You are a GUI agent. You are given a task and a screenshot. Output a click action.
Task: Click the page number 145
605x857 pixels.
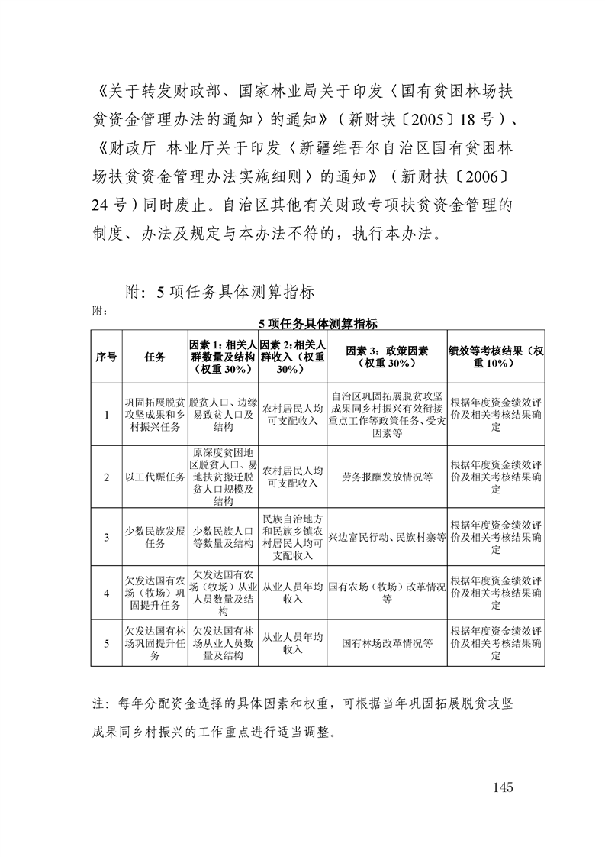pyautogui.click(x=504, y=787)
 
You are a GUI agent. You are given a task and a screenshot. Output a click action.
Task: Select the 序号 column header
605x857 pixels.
pyautogui.click(x=106, y=357)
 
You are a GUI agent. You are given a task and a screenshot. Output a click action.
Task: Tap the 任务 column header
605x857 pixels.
pyautogui.click(x=155, y=357)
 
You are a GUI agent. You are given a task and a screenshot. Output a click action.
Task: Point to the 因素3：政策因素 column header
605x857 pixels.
pyautogui.click(x=387, y=357)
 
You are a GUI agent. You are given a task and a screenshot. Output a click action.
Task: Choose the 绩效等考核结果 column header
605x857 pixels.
pyautogui.click(x=497, y=357)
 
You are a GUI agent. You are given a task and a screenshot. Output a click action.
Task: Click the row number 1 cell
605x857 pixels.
pyautogui.click(x=106, y=415)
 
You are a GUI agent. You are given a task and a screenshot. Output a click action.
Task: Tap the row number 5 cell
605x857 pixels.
pyautogui.click(x=106, y=643)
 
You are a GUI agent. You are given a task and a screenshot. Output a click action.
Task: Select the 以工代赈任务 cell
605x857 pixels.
pyautogui.click(x=155, y=477)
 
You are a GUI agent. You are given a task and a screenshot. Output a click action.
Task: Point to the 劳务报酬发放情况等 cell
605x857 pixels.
pyautogui.click(x=387, y=477)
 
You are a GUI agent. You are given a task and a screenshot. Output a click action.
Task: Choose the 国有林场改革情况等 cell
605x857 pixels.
pyautogui.click(x=387, y=643)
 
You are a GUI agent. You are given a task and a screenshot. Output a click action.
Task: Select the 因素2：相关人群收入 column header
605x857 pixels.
pyautogui.click(x=293, y=357)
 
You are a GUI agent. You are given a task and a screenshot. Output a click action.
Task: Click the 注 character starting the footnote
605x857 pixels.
pyautogui.click(x=97, y=701)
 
